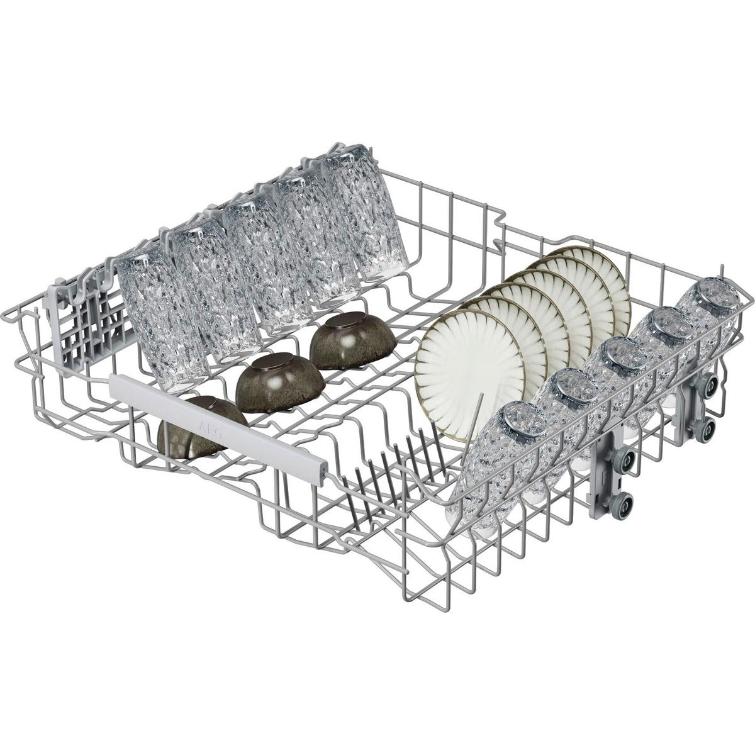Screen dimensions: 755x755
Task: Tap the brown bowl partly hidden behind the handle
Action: pyautogui.click(x=196, y=427)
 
